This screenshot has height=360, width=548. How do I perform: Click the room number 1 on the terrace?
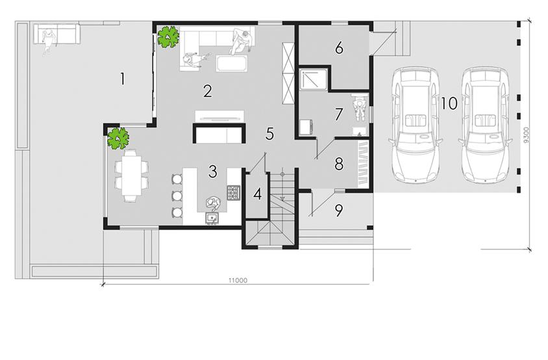point(122,79)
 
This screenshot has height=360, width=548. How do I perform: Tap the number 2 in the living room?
point(207,90)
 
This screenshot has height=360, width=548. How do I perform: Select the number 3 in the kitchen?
point(212,172)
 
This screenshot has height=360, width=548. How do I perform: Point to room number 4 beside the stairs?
point(258,194)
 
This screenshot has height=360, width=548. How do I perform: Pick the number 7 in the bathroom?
point(338,114)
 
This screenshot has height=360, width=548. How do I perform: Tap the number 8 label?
point(338,164)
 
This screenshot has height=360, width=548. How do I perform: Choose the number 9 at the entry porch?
point(338,209)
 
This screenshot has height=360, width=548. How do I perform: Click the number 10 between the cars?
point(448,103)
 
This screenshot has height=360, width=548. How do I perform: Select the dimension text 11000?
point(238,280)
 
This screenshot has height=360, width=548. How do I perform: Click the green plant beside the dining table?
point(118,138)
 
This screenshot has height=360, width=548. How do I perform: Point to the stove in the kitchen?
point(233,192)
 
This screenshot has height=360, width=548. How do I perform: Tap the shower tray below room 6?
point(314,79)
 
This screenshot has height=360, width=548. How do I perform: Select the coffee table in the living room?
point(232,64)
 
